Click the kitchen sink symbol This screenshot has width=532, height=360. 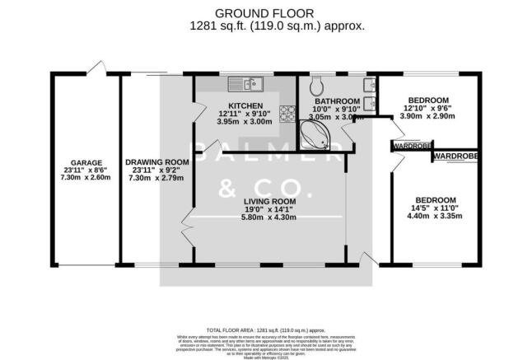coord(245,82)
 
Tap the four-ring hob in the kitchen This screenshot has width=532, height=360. coord(289,115)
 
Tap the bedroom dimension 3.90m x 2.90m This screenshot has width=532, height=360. coord(426,117)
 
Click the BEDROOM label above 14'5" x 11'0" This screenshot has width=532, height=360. coord(435,200)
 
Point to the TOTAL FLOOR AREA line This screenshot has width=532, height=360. coord(265,330)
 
